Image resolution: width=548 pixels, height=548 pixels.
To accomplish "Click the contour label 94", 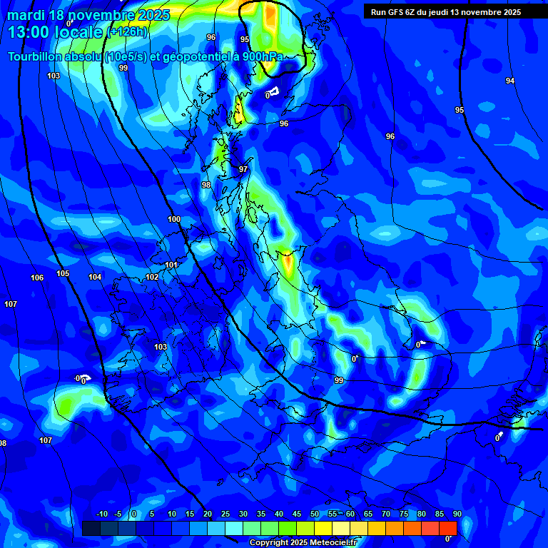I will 509,81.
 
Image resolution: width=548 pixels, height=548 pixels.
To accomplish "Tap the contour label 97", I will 243,169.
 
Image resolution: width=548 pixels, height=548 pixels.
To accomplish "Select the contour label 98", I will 206,185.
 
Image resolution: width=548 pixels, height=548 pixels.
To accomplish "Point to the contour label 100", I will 174,219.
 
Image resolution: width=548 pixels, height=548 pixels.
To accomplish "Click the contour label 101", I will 171,265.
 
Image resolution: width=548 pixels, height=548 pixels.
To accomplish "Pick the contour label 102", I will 152,277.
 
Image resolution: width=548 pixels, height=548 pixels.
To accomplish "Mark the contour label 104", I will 95,277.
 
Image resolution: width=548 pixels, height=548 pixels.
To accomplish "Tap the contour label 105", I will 63,273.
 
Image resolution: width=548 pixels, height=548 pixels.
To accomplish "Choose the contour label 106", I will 37,278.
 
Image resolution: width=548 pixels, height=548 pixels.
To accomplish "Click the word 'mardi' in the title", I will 26,15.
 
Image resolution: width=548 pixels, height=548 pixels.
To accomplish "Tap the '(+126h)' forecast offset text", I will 128,32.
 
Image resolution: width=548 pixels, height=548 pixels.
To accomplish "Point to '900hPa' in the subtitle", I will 258,56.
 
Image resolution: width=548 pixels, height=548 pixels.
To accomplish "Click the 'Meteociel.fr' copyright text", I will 335,543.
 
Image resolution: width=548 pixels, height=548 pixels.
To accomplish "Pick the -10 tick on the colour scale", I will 101,514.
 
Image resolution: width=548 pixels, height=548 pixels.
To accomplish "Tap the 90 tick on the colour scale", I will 457,514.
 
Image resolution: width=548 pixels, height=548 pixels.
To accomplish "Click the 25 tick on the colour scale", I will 225,514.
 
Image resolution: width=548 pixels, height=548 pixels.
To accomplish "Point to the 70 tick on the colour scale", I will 386,514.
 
